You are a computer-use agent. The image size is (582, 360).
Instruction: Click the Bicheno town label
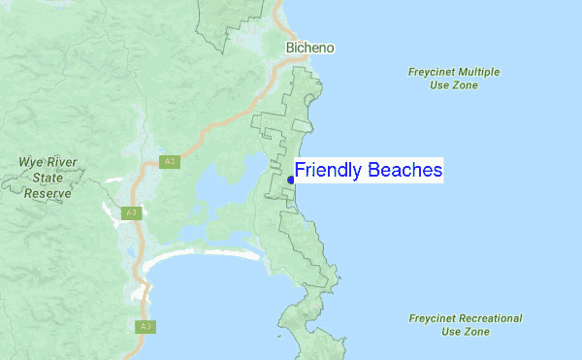click(x=310, y=48)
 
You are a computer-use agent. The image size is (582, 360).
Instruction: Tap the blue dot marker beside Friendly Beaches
click(x=291, y=179)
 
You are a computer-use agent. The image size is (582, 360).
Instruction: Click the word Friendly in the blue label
click(x=328, y=172)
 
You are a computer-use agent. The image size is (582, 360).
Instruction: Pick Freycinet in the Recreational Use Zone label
click(x=433, y=318)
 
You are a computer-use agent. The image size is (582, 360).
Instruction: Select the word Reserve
click(x=48, y=193)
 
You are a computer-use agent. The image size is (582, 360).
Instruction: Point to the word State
click(x=48, y=178)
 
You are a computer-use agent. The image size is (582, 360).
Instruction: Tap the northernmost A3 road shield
click(x=169, y=161)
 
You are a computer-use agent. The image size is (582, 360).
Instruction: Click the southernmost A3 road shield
click(x=145, y=326)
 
